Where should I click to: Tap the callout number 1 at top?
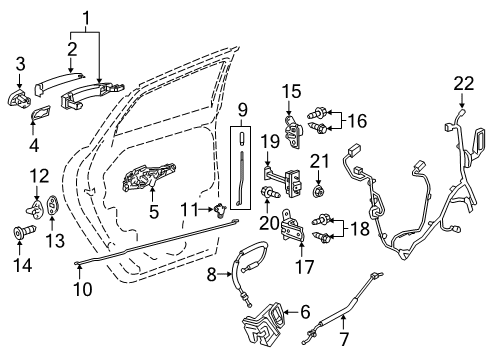pos(87,16)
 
